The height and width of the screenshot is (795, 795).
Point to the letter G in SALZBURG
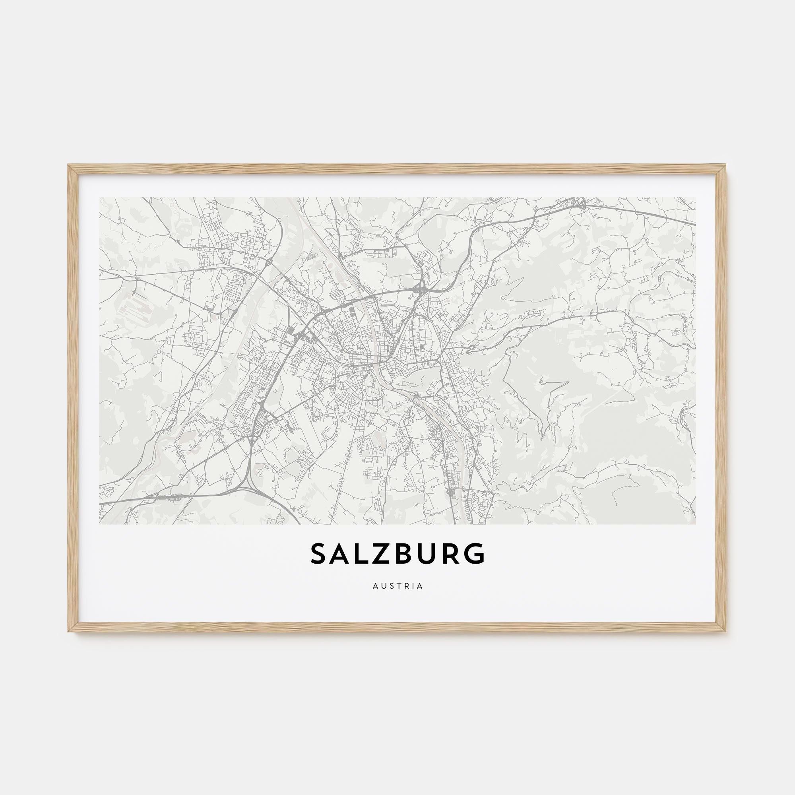[475, 554]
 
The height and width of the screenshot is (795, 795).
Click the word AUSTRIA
[397, 586]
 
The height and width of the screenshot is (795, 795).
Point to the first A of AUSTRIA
[375, 586]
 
